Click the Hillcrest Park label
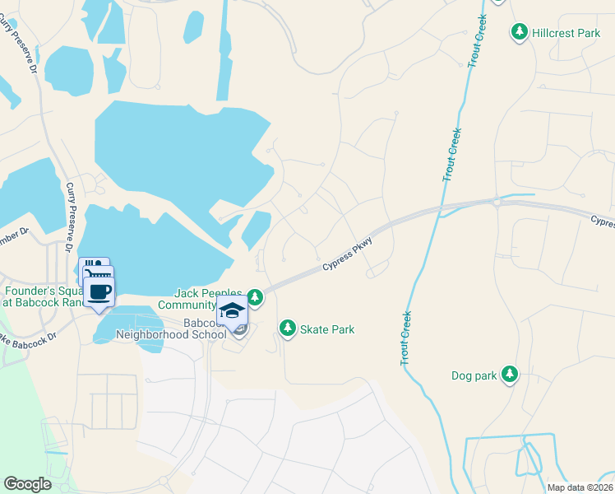coord(566,33)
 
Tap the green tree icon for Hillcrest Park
coord(520,32)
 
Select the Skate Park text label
coord(327,329)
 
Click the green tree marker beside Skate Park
coord(287,329)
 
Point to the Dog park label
coord(474,375)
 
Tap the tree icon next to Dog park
coord(510,375)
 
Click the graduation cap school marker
coord(232,312)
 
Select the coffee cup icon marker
coord(99,292)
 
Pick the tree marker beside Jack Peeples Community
coord(255,296)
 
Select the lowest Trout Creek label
coord(406,338)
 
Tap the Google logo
coord(27,484)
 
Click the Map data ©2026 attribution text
coord(580,487)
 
